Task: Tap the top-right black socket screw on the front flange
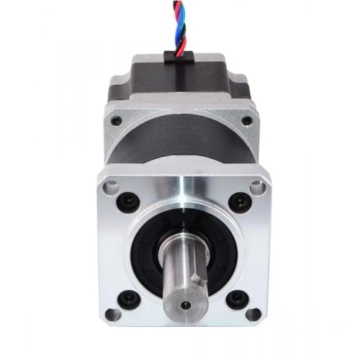point(235,201)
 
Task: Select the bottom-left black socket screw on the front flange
point(130,297)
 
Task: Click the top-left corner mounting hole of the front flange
point(109,186)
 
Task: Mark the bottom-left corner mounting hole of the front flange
point(110,315)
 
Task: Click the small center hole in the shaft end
point(186,304)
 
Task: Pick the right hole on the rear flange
point(247,121)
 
